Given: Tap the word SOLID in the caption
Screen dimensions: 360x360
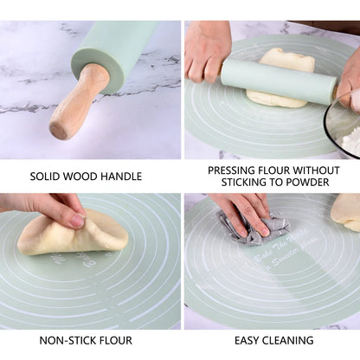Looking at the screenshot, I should tap(48, 177).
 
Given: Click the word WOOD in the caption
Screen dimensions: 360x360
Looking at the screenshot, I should tap(87, 177).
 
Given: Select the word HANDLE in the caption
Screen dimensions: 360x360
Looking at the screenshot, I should tap(124, 177).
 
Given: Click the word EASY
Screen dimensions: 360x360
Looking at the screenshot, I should tap(249, 341).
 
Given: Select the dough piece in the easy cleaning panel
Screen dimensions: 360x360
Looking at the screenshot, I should tap(346, 211).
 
